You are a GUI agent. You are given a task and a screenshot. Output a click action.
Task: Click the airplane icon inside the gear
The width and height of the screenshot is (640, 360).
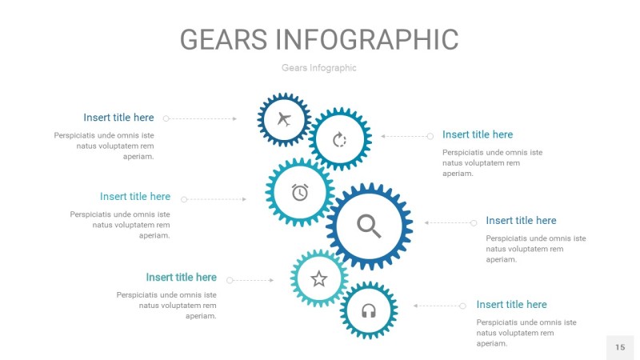(x=283, y=120)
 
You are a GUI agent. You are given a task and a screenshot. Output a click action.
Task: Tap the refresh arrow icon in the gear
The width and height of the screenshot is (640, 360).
(x=340, y=140)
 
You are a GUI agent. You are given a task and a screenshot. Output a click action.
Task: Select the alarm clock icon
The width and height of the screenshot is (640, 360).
(x=300, y=192)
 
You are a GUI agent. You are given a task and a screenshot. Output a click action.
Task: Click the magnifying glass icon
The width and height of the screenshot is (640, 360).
(x=369, y=226)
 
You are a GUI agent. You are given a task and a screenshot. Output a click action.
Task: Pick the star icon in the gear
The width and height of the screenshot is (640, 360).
(x=319, y=278)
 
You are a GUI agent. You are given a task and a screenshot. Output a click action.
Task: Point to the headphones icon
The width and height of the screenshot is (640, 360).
(x=369, y=310)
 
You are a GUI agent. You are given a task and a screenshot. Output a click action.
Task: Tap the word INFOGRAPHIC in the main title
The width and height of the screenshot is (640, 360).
(x=367, y=39)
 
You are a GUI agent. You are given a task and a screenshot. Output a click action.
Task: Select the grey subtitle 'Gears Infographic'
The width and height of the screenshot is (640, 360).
(x=319, y=68)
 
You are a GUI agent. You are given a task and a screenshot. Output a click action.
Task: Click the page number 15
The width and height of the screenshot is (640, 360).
(x=620, y=347)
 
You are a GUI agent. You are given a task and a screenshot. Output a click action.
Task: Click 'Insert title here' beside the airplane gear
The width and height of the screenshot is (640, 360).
(x=118, y=118)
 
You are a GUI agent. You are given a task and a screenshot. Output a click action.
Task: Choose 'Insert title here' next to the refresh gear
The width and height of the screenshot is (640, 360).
(x=478, y=134)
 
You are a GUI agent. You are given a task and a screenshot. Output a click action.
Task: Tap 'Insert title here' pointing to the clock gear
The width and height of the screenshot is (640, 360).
(x=135, y=196)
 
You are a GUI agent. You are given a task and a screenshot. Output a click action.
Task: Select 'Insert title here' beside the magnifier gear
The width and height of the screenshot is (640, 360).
(x=521, y=220)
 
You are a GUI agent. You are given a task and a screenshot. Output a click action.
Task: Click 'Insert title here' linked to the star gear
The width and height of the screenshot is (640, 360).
(x=181, y=278)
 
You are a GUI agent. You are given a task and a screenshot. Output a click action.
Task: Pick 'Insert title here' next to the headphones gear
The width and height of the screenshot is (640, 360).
(x=511, y=304)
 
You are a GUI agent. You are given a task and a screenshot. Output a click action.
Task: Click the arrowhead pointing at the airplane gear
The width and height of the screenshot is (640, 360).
(x=234, y=118)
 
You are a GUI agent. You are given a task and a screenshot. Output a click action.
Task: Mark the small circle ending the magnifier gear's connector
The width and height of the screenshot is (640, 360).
(x=474, y=222)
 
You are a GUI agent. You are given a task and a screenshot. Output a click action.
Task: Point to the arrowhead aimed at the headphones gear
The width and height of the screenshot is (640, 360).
(x=415, y=306)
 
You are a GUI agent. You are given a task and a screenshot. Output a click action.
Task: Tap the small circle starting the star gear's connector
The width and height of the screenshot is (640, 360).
(x=230, y=280)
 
